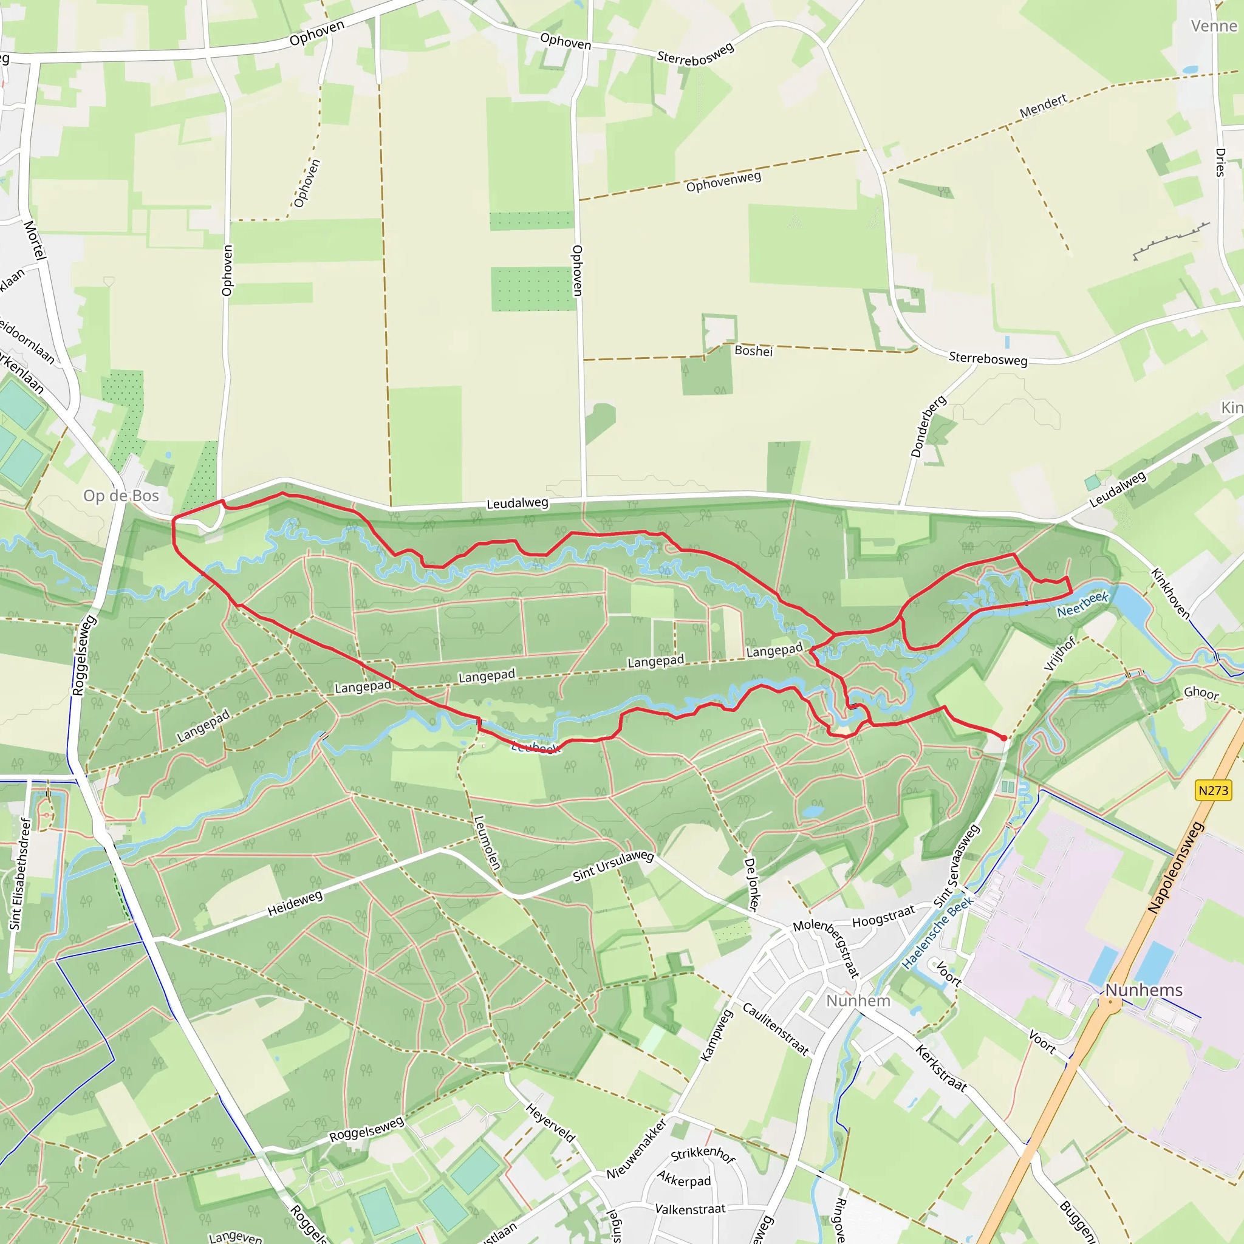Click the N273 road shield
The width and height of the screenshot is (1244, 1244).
(x=1213, y=790)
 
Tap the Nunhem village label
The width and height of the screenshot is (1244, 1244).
(x=858, y=1000)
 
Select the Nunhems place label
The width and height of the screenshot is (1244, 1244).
(x=1144, y=989)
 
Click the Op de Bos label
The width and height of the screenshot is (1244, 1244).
(x=121, y=495)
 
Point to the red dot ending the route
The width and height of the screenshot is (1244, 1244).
(x=1004, y=738)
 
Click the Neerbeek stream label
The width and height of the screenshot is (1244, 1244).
(x=1082, y=604)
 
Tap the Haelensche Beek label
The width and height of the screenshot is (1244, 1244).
(x=937, y=933)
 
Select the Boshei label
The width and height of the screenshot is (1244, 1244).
(x=753, y=351)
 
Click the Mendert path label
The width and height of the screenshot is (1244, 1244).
(x=1043, y=106)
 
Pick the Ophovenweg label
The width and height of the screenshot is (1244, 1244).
(x=723, y=182)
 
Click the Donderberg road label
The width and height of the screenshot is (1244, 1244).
(x=928, y=426)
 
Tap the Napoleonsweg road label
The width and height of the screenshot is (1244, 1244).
(x=1175, y=867)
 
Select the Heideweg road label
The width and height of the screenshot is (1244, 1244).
(x=295, y=904)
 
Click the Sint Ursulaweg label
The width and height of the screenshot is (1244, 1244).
(x=613, y=866)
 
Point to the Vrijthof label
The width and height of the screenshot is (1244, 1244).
(x=1059, y=654)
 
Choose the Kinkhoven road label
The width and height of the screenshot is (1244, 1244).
(x=1170, y=593)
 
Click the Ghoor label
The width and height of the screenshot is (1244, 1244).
(x=1201, y=693)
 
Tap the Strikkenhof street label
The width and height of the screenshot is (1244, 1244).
(x=703, y=1154)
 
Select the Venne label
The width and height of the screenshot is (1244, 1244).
(x=1214, y=26)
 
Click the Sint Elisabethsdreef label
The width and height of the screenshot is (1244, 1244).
(x=20, y=873)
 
